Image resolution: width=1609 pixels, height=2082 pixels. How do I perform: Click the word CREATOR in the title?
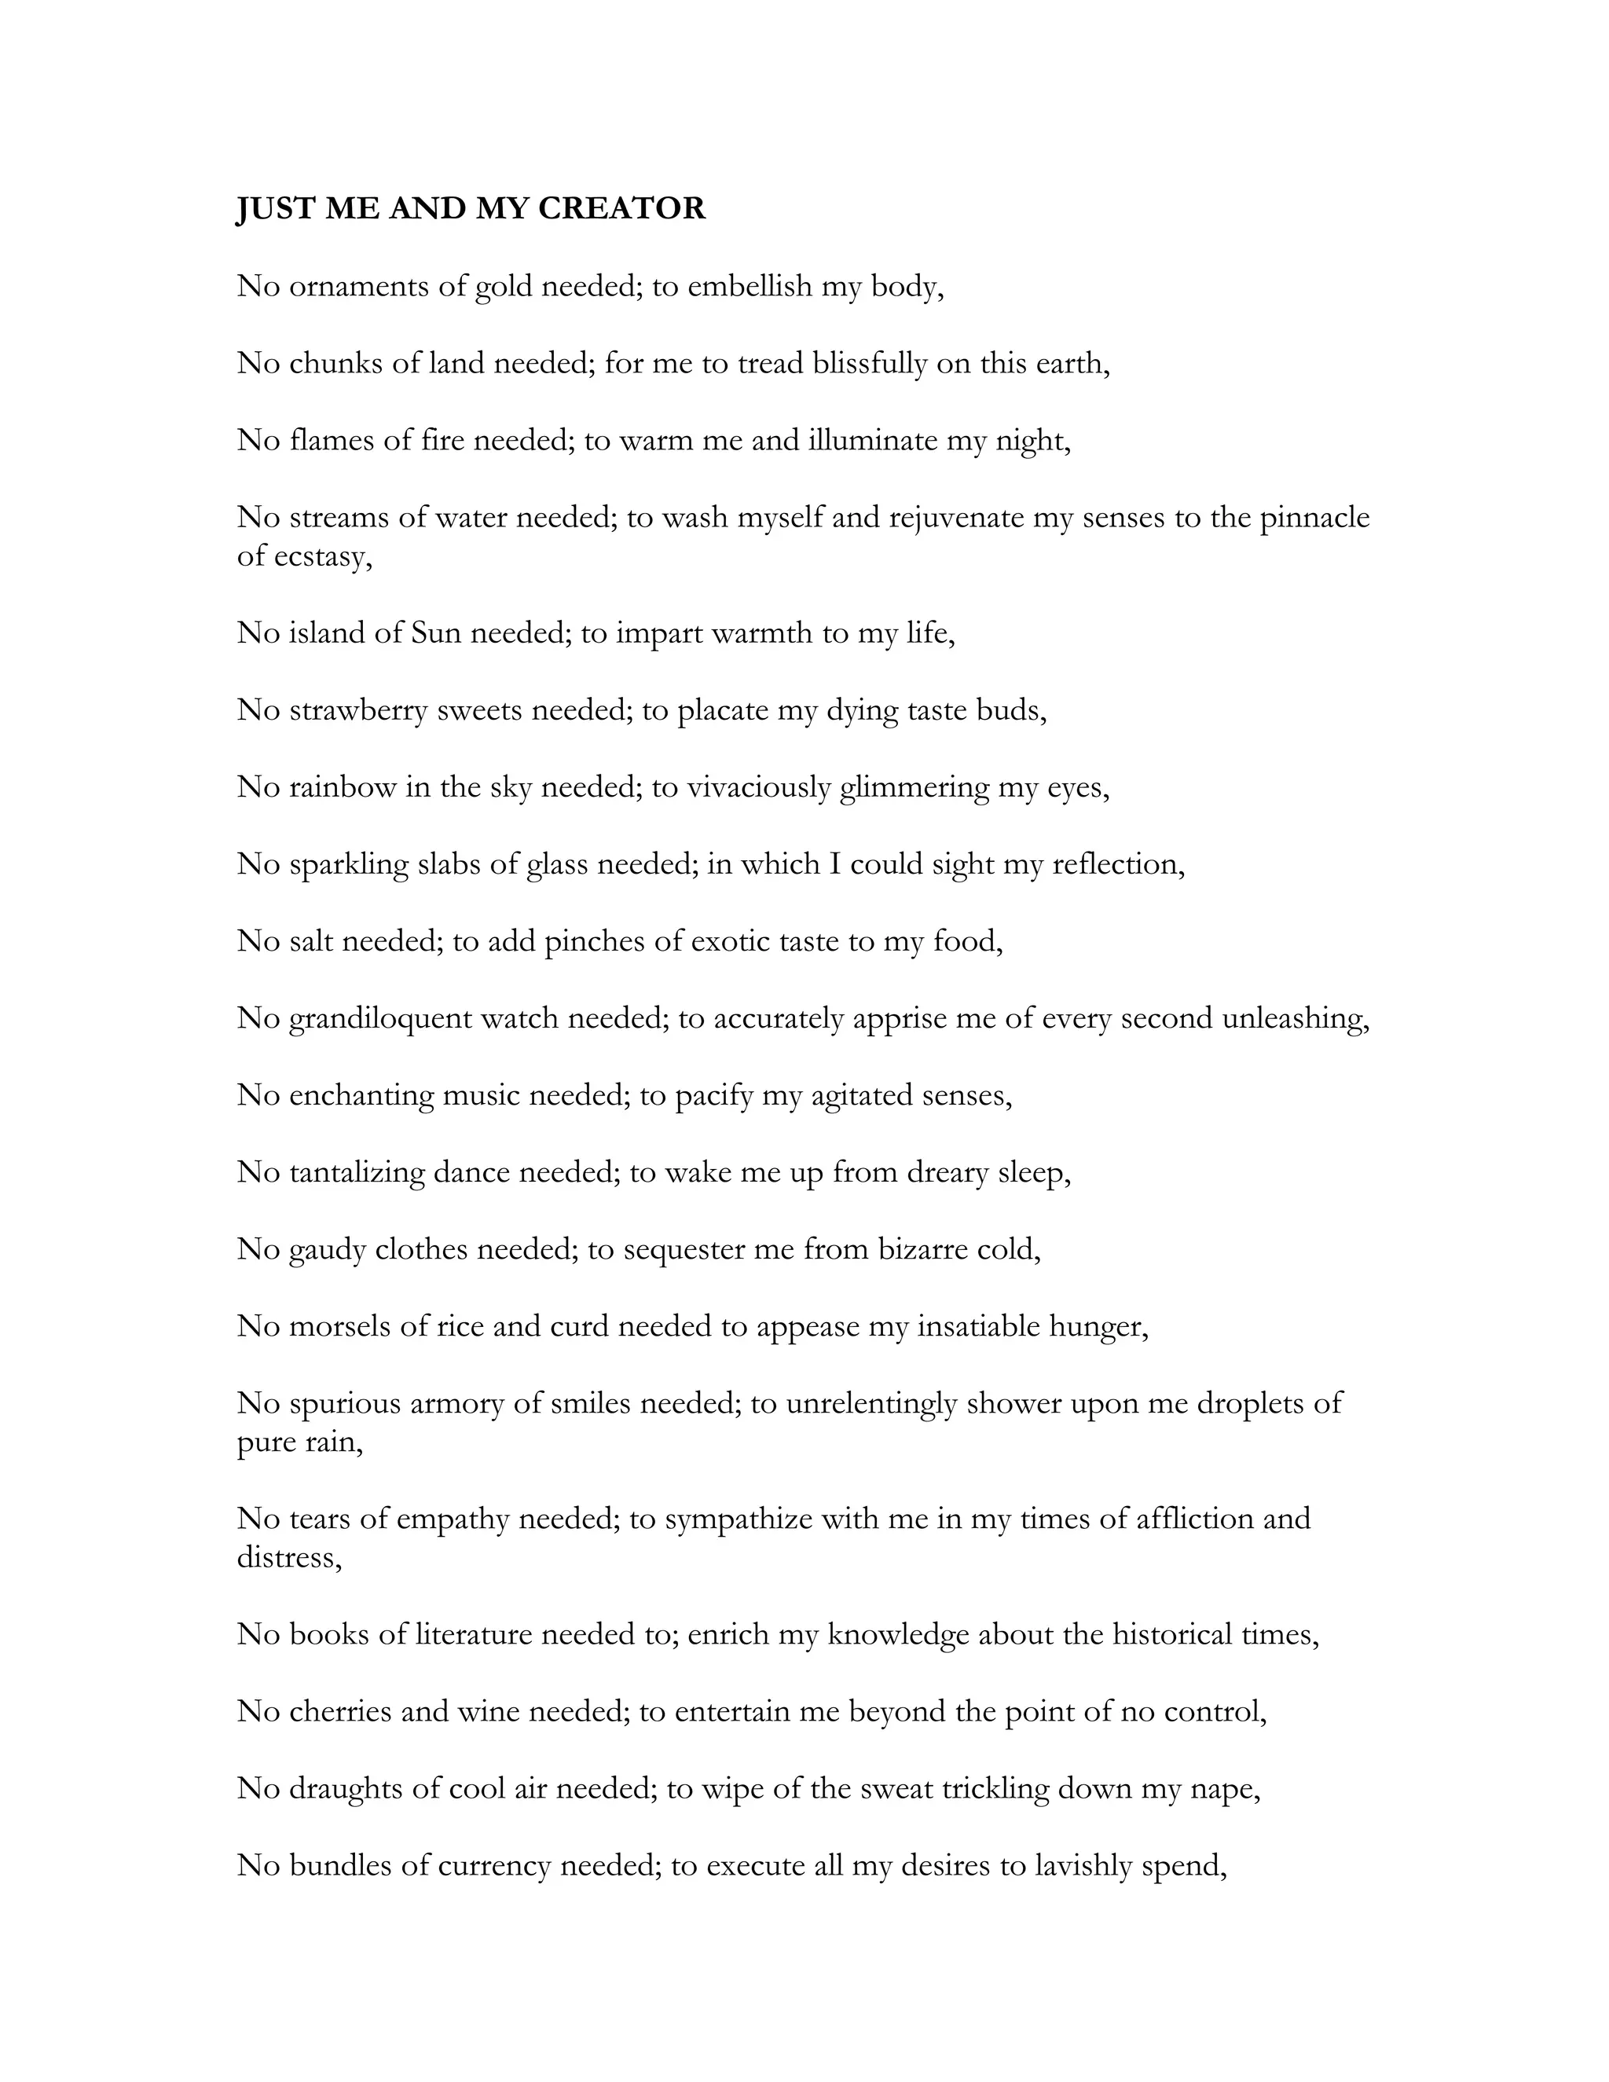621,208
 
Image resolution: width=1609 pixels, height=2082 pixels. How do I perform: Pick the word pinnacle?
1314,518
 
